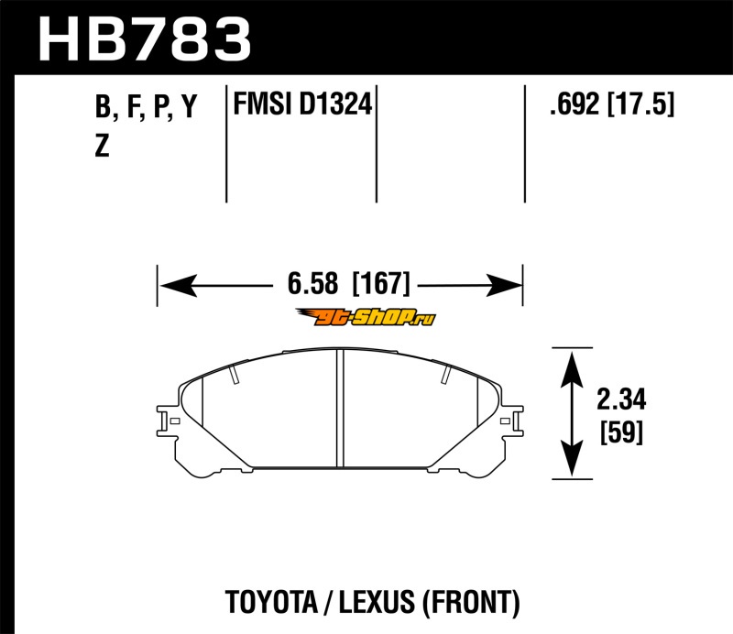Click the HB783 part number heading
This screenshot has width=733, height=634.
[145, 38]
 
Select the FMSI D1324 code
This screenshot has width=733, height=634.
[302, 104]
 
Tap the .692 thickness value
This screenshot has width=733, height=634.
[574, 104]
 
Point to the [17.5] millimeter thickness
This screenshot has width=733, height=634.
[640, 104]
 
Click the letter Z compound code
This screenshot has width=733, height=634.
[102, 146]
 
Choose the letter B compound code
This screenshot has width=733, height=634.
[103, 106]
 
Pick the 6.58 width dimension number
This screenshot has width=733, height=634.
[312, 283]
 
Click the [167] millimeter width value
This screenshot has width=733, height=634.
[381, 283]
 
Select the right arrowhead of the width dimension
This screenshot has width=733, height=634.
[504, 285]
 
